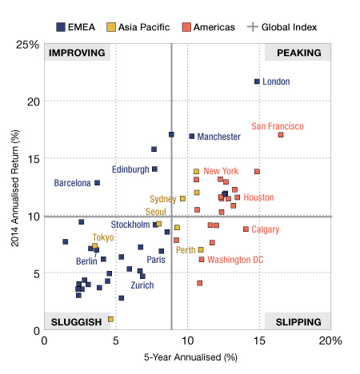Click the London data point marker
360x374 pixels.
pos(257,82)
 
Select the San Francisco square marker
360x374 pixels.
pos(281,135)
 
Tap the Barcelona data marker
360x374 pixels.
pos(98,183)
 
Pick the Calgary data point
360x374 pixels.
pos(246,229)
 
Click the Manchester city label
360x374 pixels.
pos(218,137)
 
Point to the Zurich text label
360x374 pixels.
pos(142,285)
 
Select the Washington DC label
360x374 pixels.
pos(235,260)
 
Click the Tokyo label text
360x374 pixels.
pos(103,237)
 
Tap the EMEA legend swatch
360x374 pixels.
pos(61,27)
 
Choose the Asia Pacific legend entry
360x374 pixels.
pos(138,27)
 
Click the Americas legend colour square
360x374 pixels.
pos(186,27)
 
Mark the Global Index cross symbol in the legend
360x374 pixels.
pos(253,27)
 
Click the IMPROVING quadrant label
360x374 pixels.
pos(77,53)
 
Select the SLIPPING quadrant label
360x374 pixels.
pos(298,322)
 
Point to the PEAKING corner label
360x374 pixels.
pos(299,53)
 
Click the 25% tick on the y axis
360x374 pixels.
pos(27,45)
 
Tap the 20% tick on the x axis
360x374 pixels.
pos(330,340)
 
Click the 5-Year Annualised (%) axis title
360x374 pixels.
pos(190,357)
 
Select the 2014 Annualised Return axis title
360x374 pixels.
pos(15,189)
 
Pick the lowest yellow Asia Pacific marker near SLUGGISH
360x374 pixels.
pos(110,319)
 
